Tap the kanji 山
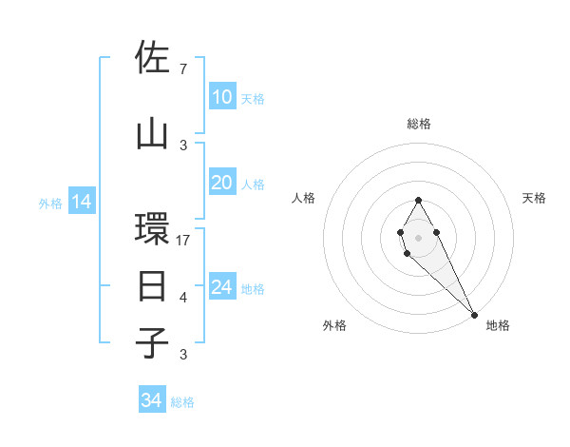pyautogui.click(x=152, y=133)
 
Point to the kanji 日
pyautogui.click(x=152, y=285)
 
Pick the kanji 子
pyautogui.click(x=152, y=342)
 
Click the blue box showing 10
pyautogui.click(x=221, y=97)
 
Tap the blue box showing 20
pyautogui.click(x=221, y=183)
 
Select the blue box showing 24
pyautogui.click(x=221, y=287)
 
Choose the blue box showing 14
pyautogui.click(x=81, y=202)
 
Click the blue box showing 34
pyautogui.click(x=151, y=400)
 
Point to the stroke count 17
pyautogui.click(x=183, y=240)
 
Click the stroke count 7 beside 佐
pyautogui.click(x=183, y=69)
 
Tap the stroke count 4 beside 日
pyautogui.click(x=183, y=298)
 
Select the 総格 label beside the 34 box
pyautogui.click(x=182, y=402)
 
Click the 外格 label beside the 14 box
pyautogui.click(x=49, y=203)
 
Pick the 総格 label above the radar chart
pyautogui.click(x=418, y=124)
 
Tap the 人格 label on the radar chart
pyautogui.click(x=304, y=198)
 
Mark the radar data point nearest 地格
pyautogui.click(x=474, y=314)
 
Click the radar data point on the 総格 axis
pyautogui.click(x=418, y=200)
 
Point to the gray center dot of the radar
pyautogui.click(x=418, y=236)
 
